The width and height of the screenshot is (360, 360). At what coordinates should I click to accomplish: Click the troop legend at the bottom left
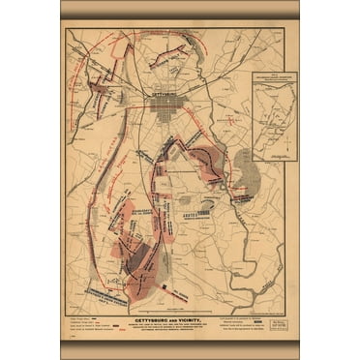(93, 321)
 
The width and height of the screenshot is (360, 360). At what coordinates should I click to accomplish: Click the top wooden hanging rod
(179, 9)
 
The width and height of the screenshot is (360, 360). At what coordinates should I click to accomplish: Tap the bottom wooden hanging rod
(179, 349)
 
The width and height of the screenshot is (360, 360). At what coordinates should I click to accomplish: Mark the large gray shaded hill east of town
(247, 175)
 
